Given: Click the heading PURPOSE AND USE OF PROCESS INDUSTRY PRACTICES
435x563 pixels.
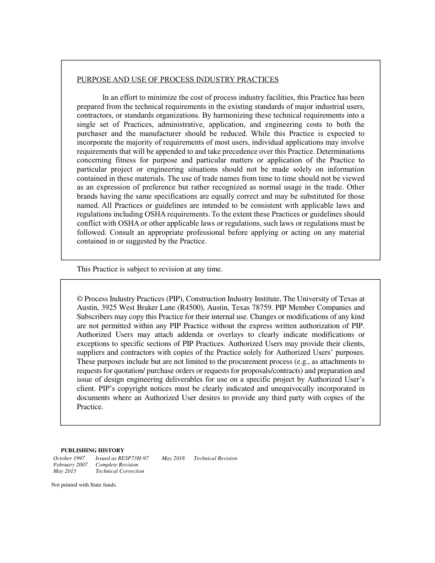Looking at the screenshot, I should click(x=178, y=80).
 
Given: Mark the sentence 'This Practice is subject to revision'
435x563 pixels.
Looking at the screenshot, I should click(x=149, y=269).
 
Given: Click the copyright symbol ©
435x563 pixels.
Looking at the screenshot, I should click(x=80, y=299).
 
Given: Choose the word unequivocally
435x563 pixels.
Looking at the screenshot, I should click(x=294, y=389).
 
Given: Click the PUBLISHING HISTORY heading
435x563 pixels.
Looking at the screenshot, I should click(x=92, y=450).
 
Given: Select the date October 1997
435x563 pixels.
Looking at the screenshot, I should click(x=69, y=458).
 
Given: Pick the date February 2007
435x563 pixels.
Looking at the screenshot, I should click(x=71, y=465).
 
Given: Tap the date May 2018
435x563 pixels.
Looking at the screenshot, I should click(x=173, y=458).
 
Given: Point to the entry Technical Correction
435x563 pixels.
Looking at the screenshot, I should click(x=120, y=471).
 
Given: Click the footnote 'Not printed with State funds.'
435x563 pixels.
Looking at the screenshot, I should click(x=84, y=485).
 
